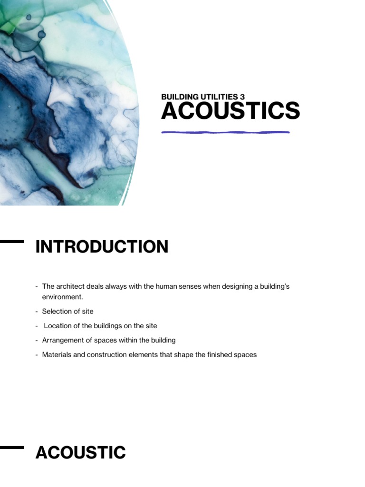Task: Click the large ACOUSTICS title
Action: (x=231, y=111)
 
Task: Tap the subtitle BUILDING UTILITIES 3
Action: (x=203, y=97)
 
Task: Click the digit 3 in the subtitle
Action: (x=242, y=97)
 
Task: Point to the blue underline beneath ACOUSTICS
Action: (x=225, y=132)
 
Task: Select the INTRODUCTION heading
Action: (x=102, y=247)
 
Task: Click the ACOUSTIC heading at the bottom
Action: (x=80, y=453)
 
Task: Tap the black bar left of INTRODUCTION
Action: (x=11, y=242)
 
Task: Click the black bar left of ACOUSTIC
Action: (x=11, y=447)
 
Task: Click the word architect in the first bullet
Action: (x=68, y=286)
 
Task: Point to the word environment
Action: (x=62, y=297)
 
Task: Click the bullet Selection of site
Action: (x=67, y=311)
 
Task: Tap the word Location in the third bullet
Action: (x=58, y=326)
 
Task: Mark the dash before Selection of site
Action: (x=37, y=311)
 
